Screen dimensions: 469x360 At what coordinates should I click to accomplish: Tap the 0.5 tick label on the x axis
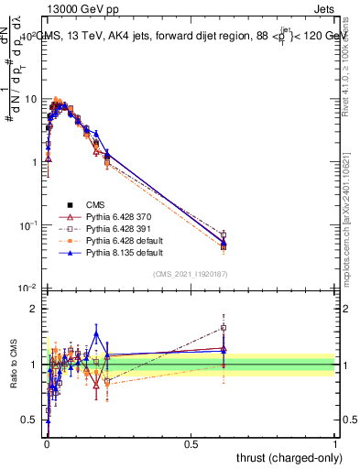pos(191,444)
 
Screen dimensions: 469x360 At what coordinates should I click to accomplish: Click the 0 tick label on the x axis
pos(46,444)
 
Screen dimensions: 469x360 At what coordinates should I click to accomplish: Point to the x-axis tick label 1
pos(335,444)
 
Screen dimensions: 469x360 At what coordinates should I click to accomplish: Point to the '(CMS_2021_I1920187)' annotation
pos(190,273)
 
